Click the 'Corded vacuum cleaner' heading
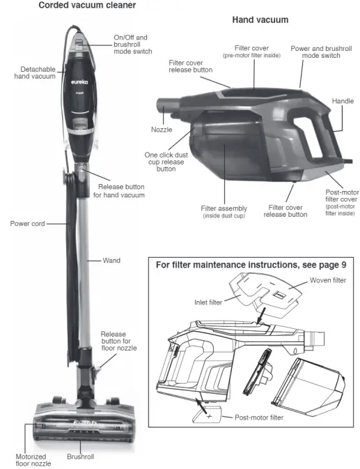tap(77, 6)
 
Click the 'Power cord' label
tap(29, 224)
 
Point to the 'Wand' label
tap(111, 260)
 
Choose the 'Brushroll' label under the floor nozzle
tap(81, 457)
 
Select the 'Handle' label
tap(343, 100)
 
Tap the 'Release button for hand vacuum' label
tap(121, 191)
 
